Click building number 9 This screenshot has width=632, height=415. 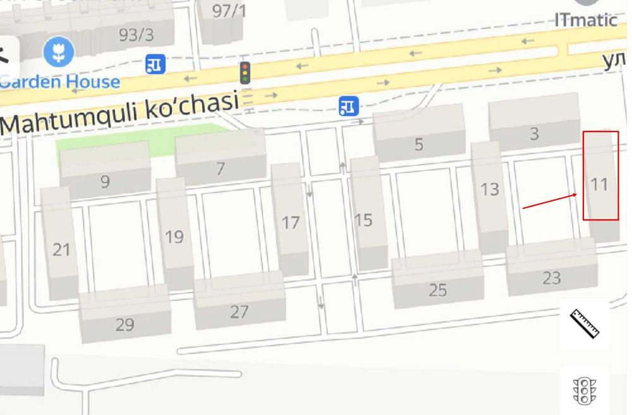coord(105,182)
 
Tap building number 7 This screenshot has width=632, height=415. coord(221,169)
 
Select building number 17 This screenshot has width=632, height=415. coord(290,222)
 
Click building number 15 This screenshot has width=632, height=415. coord(363,220)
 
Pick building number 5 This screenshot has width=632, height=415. coord(418,144)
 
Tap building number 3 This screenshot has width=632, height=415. coord(535,133)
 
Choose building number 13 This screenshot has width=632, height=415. coord(490,189)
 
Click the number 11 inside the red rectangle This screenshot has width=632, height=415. coord(599,184)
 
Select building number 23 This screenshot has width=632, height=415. coord(551,277)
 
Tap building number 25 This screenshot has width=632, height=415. coord(437,290)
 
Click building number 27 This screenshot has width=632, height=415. coord(239,311)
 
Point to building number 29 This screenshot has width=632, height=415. coord(125,324)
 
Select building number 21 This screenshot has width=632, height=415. coord(61,250)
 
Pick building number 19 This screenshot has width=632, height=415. coord(174,236)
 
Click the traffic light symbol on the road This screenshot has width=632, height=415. coord(245,73)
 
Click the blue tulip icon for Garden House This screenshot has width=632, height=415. coord(59,52)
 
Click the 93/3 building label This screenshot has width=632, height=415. coord(136,35)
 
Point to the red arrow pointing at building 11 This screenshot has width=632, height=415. coord(549,200)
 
